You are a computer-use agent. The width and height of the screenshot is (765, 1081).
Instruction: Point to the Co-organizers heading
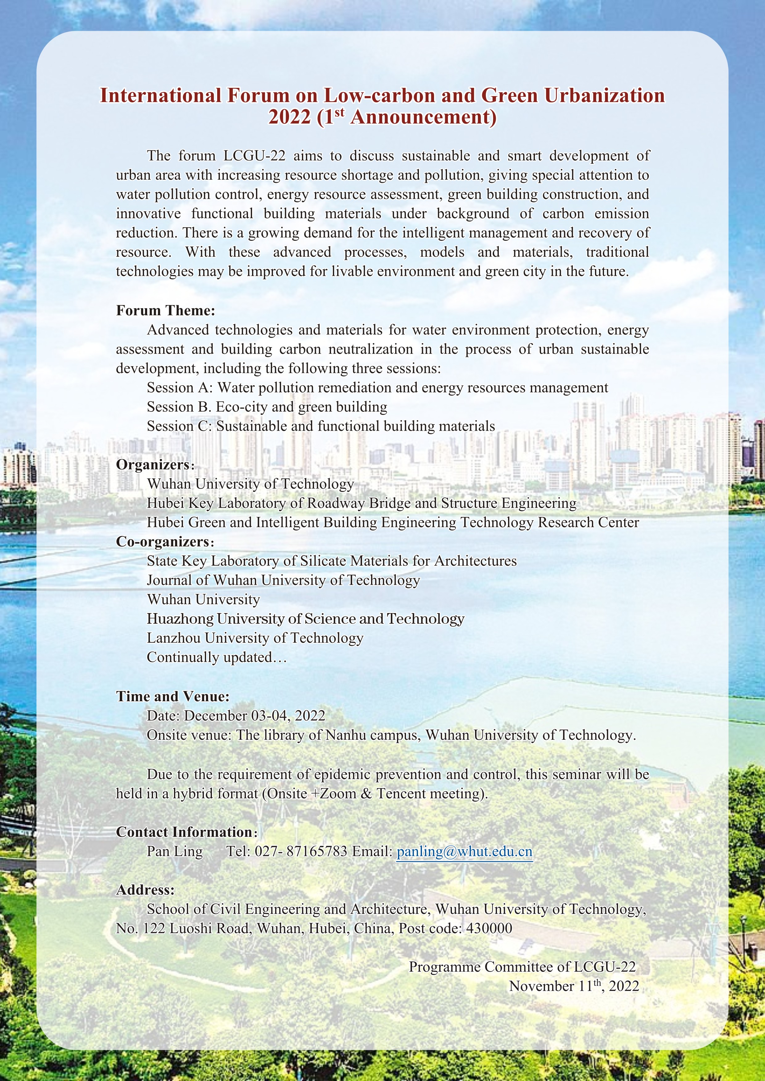[163, 542]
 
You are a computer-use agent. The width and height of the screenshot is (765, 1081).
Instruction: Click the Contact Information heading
[184, 832]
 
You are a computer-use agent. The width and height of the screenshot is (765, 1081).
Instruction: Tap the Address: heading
[145, 890]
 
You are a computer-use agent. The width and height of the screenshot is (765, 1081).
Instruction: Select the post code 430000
[489, 928]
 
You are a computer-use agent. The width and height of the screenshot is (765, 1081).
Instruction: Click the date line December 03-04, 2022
[236, 716]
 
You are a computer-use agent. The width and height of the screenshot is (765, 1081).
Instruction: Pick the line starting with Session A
[377, 387]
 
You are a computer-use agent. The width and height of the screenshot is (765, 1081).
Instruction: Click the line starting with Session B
[267, 407]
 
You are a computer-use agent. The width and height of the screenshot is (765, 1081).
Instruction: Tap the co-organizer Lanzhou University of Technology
[255, 638]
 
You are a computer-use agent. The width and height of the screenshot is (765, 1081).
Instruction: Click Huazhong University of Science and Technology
[305, 619]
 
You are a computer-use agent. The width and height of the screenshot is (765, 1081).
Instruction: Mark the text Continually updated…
[217, 657]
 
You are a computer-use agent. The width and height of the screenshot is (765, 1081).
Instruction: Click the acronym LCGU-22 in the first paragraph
[248, 155]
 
